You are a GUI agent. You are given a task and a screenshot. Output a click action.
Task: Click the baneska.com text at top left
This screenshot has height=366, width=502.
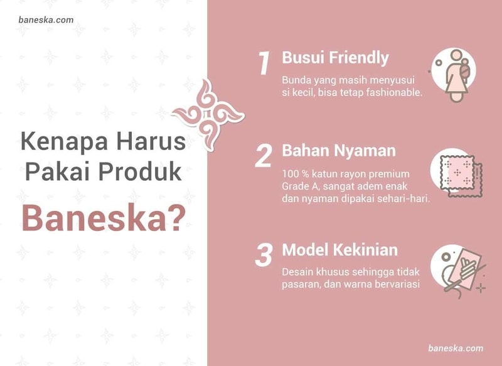46,20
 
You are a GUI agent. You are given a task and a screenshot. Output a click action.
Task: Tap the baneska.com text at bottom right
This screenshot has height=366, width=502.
456,348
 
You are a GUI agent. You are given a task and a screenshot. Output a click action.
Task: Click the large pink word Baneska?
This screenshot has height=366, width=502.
104,218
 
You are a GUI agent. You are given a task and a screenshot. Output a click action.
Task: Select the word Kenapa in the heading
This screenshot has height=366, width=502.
64,142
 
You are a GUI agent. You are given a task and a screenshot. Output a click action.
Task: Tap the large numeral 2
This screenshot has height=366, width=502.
264,156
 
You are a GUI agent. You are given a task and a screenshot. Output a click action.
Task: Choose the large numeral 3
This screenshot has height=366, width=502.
264,255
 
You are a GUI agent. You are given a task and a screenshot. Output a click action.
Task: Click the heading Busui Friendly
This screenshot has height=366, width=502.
335,58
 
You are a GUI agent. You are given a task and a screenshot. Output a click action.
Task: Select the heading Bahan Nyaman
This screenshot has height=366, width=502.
339,151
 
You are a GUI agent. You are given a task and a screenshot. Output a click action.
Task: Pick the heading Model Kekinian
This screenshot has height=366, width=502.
339,250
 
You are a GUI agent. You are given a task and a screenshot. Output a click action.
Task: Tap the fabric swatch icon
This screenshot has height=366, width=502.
457,173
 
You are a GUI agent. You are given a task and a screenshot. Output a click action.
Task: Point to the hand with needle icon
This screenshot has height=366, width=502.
459,271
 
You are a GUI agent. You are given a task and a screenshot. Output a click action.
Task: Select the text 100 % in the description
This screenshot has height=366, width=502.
295,174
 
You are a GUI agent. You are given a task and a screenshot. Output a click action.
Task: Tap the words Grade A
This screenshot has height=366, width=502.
296,186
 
